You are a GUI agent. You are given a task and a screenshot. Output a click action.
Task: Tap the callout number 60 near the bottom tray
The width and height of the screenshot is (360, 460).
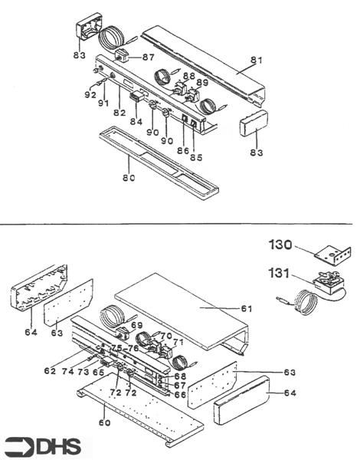tap(104, 421)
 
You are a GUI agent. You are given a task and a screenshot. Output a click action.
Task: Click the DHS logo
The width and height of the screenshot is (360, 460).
tap(46, 445)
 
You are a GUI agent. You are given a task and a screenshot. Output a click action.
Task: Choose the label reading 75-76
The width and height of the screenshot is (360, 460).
tap(124, 347)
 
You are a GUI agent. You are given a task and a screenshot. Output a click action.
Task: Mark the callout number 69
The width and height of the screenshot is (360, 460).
tap(137, 326)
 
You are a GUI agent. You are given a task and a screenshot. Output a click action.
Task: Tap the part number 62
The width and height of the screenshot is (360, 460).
tap(50, 370)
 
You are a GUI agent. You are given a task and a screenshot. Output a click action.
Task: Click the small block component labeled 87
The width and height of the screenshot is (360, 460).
tap(123, 56)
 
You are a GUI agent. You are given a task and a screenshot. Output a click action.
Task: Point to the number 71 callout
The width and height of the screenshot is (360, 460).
tap(178, 342)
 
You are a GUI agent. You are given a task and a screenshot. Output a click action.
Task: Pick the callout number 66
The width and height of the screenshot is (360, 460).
tap(181, 394)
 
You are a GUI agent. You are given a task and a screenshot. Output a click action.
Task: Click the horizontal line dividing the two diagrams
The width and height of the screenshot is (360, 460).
tap(180, 225)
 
